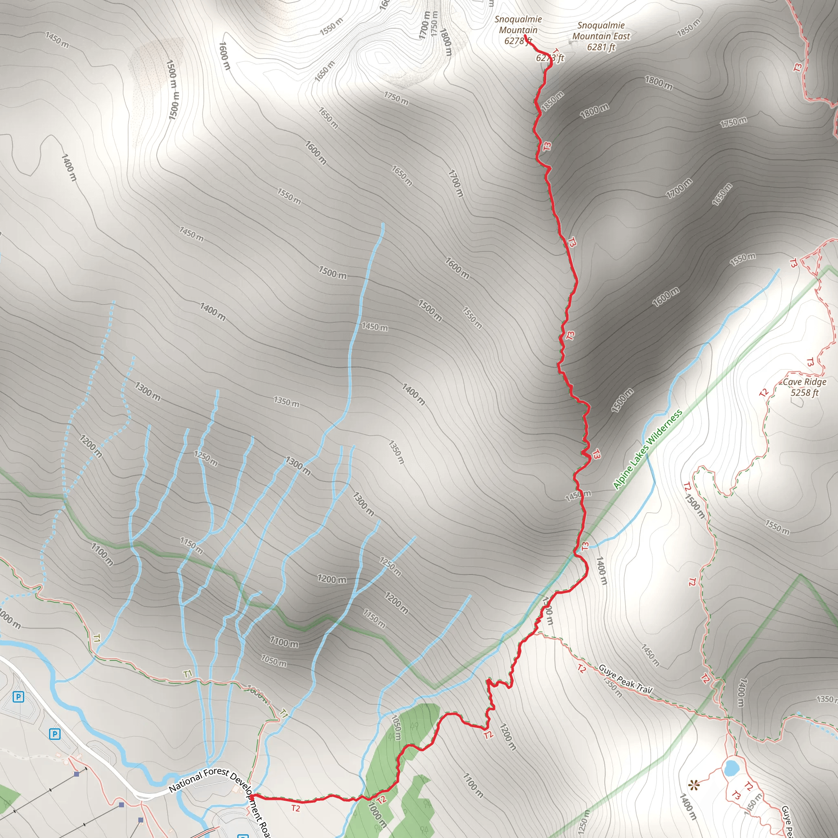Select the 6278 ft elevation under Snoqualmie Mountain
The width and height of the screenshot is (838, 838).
point(518,41)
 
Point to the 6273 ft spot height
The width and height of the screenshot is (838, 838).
point(550,58)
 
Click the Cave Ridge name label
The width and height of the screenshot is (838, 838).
point(804,382)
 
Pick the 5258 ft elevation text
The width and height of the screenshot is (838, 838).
point(804,393)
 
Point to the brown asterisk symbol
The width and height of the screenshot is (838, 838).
point(694,785)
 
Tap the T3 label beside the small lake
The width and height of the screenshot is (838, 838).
point(736,795)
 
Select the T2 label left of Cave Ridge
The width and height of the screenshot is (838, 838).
point(764,392)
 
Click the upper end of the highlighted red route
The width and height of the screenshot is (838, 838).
point(525,36)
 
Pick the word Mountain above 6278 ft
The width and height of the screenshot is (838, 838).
point(518,30)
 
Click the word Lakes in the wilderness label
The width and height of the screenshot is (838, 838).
point(639,458)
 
